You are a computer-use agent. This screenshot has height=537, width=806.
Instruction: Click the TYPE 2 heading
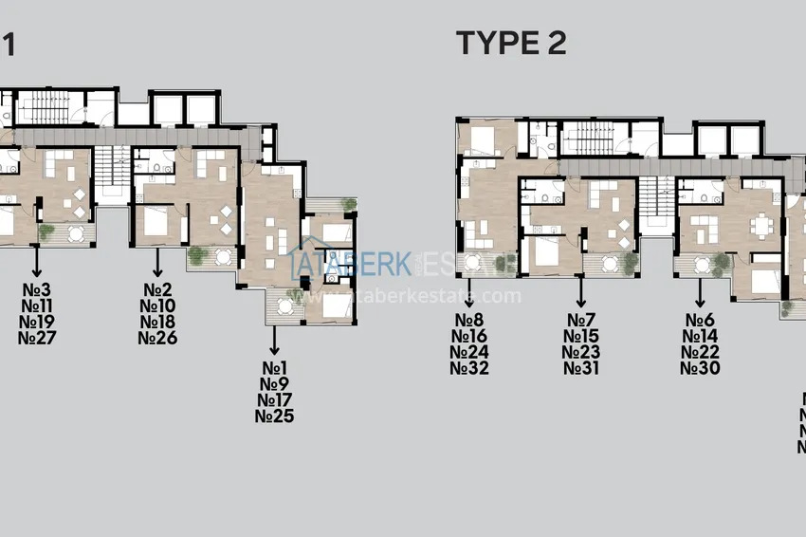click(x=511, y=44)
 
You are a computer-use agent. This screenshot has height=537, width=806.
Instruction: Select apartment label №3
click(x=37, y=289)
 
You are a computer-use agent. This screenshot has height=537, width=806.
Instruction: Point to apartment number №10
click(x=157, y=306)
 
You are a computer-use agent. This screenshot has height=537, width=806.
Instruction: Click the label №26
click(x=157, y=338)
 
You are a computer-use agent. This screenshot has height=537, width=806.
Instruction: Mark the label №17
click(x=274, y=399)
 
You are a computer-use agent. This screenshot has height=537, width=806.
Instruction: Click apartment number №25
click(x=274, y=416)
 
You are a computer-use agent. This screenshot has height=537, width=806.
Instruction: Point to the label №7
click(x=581, y=320)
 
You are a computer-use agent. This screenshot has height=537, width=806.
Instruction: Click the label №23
click(x=581, y=352)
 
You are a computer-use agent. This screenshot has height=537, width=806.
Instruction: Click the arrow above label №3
click(x=37, y=261)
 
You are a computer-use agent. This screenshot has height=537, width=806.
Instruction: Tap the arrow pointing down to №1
click(x=274, y=339)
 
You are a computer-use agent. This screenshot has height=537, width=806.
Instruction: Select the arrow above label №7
click(x=581, y=291)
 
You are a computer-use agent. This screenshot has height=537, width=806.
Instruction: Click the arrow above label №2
click(x=157, y=261)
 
